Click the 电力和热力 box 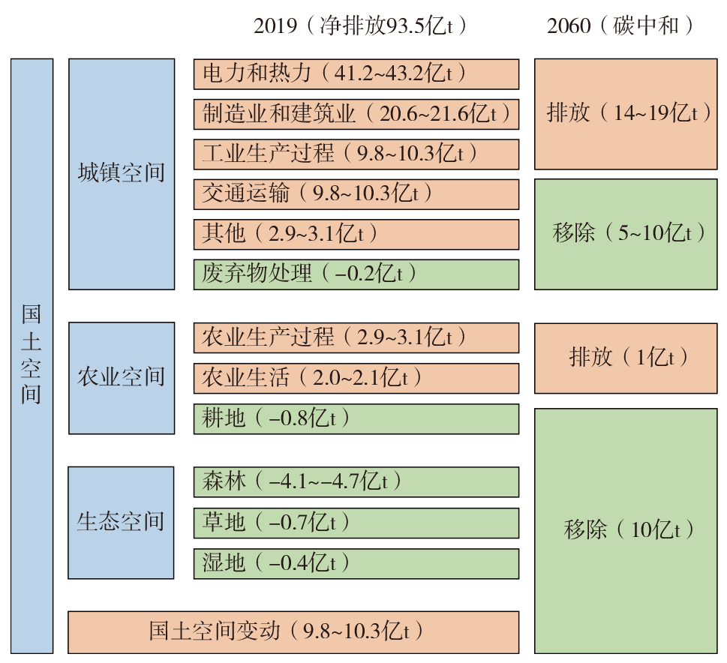coord(356,73)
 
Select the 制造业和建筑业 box coord(356,114)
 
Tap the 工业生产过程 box coord(356,154)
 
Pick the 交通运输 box coord(356,194)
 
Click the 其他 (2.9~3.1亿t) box coord(356,234)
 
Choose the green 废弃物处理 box coord(356,274)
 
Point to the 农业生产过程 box coord(356,337)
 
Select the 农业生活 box coord(356,378)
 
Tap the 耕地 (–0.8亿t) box coord(356,418)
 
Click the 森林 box coord(356,481)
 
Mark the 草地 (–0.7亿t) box coord(356,523)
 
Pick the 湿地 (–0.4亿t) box coord(356,563)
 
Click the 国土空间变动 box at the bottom coord(293,632)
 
